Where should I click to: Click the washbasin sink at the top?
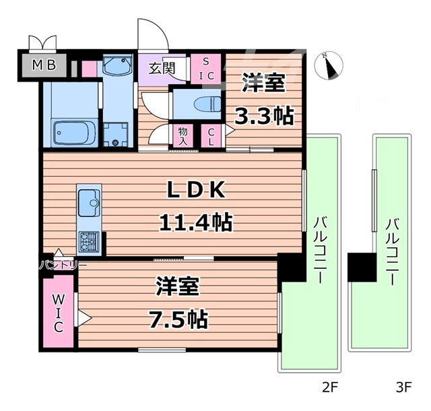click(119, 67)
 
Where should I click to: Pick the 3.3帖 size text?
click(263, 115)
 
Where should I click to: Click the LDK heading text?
click(195, 191)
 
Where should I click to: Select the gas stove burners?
click(89, 239)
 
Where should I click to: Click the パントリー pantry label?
click(62, 265)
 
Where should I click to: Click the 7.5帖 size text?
click(178, 317)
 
